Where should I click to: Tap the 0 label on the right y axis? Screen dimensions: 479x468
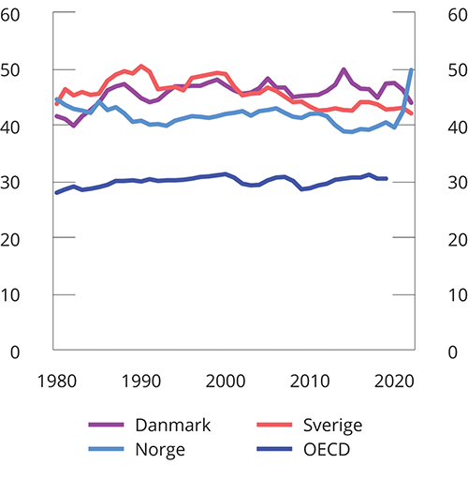click(448, 352)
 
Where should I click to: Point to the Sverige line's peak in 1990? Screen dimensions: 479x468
click(141, 67)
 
